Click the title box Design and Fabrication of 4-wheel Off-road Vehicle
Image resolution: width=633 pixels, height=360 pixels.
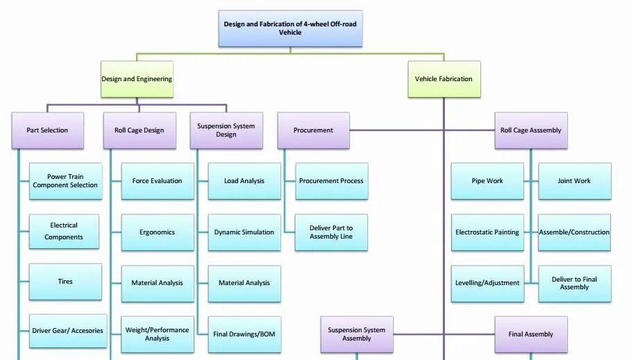coord(290,28)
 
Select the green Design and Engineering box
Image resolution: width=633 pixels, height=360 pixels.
coord(137,79)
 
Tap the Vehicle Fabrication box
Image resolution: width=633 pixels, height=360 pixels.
coord(444,79)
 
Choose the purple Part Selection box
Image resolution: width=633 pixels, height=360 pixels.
coord(47,130)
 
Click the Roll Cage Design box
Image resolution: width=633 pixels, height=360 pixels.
coord(139,130)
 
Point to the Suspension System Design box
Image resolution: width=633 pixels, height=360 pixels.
coord(226,130)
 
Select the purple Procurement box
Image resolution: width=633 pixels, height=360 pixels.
coord(313,130)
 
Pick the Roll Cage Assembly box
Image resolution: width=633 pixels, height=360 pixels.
coord(531,130)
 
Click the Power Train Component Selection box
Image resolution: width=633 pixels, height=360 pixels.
coord(65,181)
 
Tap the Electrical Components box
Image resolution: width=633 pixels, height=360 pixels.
coord(64,232)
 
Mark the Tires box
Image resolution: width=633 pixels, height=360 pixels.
coord(65,282)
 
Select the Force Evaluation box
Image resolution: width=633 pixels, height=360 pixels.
coord(158,181)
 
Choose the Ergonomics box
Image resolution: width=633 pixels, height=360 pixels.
coord(158,232)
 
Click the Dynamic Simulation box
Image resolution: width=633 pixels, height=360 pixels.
coord(244,232)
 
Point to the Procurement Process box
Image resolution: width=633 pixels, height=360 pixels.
coord(331,181)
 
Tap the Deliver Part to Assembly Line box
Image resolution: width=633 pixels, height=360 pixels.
coord(331,232)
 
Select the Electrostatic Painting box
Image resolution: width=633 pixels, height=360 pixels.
coord(487,232)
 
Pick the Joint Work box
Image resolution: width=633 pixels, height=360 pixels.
coord(575,181)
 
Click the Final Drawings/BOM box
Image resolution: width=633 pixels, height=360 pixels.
coord(244,334)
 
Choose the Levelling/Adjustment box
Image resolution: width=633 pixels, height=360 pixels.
coord(487,283)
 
